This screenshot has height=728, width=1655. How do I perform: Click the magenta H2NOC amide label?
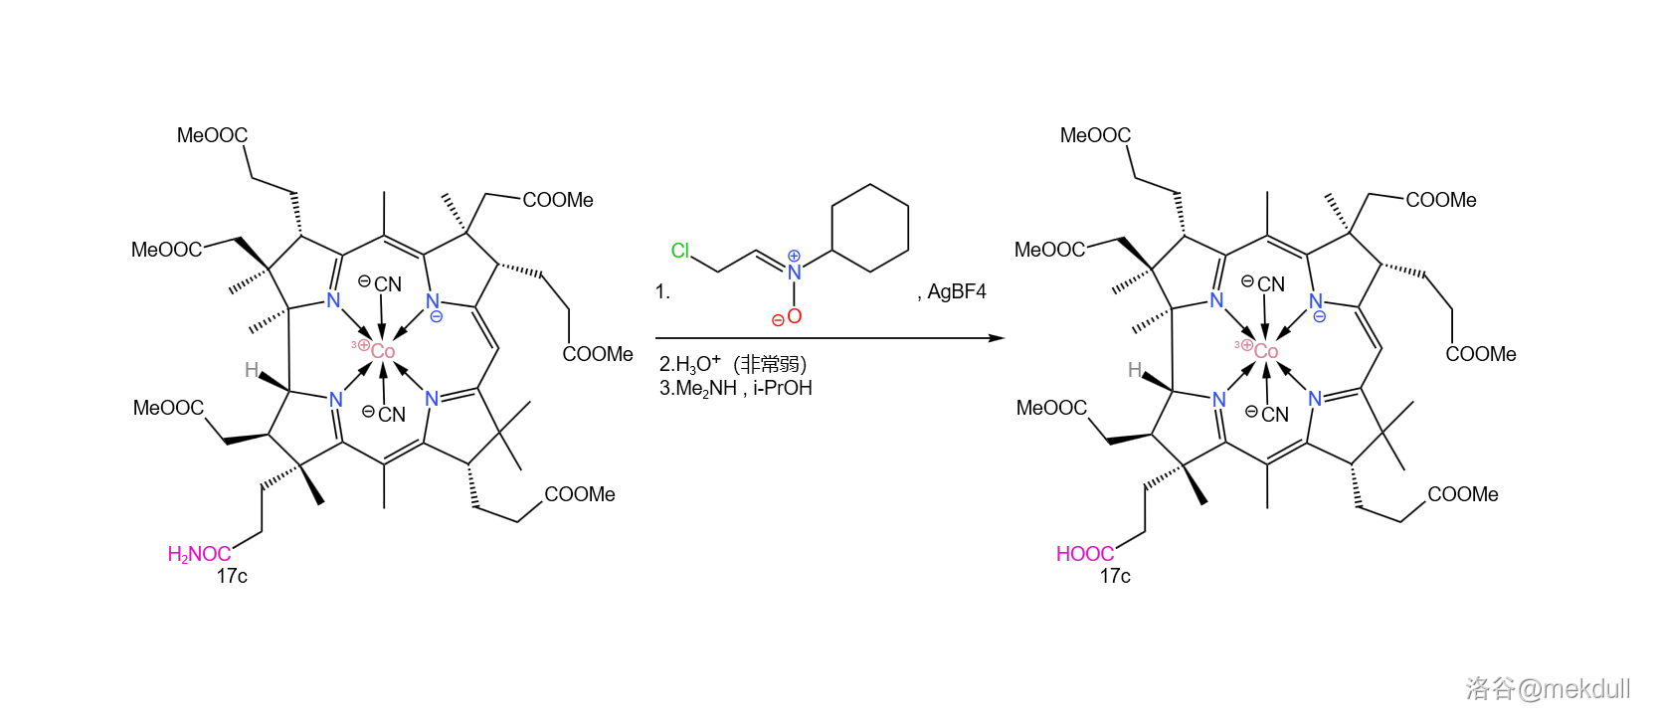pos(199,554)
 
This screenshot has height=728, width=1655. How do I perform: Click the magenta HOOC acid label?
pos(1084,554)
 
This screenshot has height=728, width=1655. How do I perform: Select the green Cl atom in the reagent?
pos(680,251)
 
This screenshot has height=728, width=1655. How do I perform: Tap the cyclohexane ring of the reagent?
pos(870,228)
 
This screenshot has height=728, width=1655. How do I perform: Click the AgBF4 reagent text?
pos(956,291)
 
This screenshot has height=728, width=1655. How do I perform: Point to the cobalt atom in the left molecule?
pos(382,351)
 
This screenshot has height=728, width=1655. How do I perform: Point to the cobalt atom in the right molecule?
pos(1265,351)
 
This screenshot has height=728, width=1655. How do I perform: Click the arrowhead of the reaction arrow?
pos(997,338)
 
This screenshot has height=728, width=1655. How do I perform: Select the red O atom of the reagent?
pos(794,316)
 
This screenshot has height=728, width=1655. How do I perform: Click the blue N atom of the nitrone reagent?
pos(794,272)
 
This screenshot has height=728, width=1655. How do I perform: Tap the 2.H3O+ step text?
pos(689,364)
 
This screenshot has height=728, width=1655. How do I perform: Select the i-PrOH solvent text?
pos(783,388)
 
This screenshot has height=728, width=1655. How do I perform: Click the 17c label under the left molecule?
pos(232,576)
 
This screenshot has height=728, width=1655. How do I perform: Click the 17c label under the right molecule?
pos(1115,576)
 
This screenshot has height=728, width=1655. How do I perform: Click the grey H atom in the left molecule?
pos(252,370)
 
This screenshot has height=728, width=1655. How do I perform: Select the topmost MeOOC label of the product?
pos(1095,135)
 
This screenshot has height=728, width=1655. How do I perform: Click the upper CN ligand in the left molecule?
pos(387,284)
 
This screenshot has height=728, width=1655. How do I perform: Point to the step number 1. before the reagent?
pos(662,291)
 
